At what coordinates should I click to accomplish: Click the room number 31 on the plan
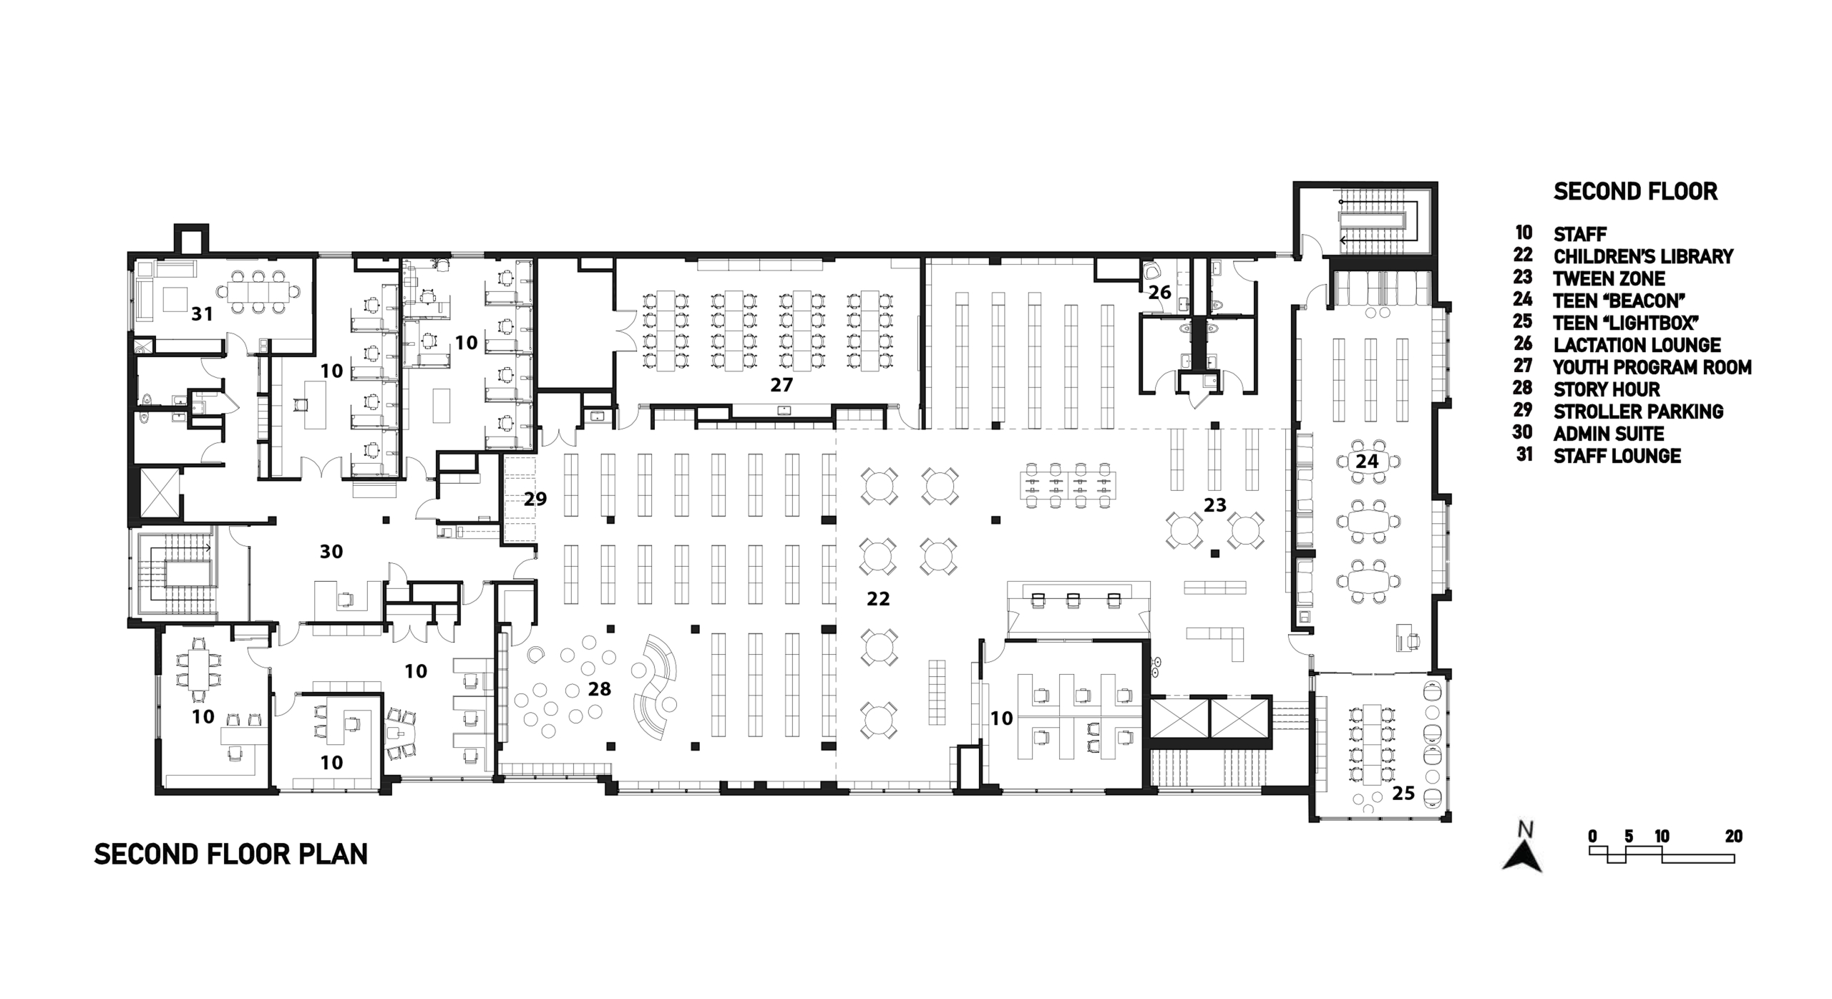tap(202, 313)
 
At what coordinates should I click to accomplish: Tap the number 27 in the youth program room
tap(781, 385)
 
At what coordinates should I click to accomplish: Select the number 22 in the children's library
tap(878, 598)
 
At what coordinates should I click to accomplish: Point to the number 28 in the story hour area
tap(600, 688)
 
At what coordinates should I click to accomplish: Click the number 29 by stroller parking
tap(535, 499)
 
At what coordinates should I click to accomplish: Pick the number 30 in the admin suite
tap(331, 551)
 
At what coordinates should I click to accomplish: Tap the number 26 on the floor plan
tap(1160, 292)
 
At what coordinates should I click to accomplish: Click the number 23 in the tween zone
tap(1215, 505)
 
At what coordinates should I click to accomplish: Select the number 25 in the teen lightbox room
tap(1403, 793)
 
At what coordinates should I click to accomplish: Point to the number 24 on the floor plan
tap(1367, 462)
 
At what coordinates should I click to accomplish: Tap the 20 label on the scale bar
tap(1733, 837)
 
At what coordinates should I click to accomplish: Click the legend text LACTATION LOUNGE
tap(1637, 345)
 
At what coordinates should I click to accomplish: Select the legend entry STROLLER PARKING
tap(1639, 411)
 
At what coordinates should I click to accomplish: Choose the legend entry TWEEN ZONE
tap(1609, 278)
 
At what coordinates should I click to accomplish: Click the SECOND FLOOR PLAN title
tap(231, 854)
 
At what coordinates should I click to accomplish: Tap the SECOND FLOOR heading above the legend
tap(1636, 192)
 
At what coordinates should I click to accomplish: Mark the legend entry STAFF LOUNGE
tap(1617, 456)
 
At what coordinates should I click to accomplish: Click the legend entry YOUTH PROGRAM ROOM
tap(1653, 367)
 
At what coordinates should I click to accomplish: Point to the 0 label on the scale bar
tap(1592, 837)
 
